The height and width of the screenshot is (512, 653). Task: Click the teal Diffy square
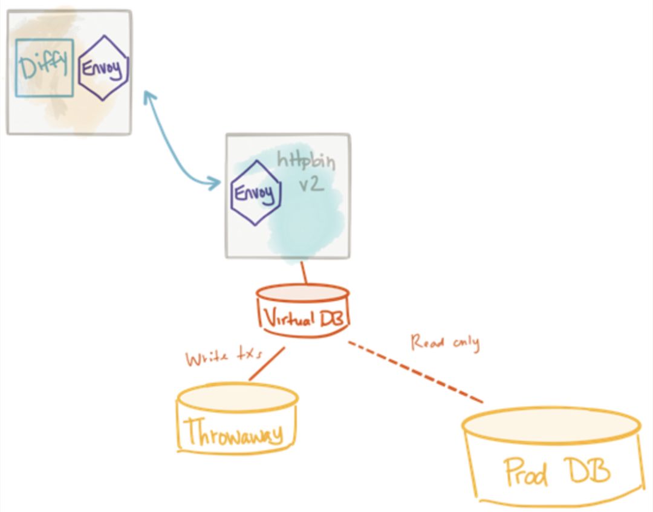44,67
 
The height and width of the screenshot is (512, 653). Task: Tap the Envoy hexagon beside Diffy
104,68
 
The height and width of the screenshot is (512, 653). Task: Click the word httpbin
305,161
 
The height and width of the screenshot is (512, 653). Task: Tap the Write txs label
216,358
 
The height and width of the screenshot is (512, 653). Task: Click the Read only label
445,343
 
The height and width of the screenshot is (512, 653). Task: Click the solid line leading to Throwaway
267,364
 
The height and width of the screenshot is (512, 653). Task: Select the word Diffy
44,67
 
